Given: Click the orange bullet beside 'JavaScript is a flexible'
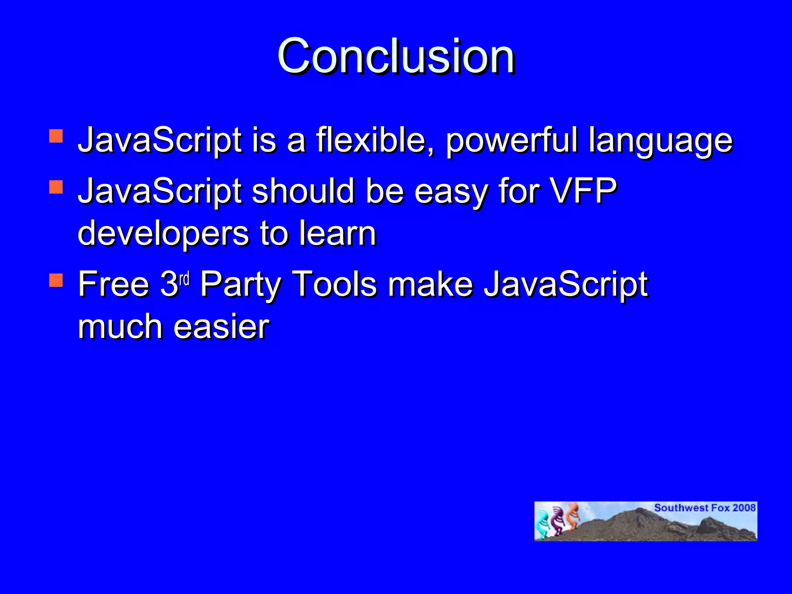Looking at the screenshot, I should (56, 136).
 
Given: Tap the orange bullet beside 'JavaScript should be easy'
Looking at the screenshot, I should (56, 187).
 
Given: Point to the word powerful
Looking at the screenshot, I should (512, 141).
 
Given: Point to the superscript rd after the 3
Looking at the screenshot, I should (184, 278).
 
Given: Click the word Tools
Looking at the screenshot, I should (334, 284).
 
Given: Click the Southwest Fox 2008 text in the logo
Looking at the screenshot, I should (705, 508).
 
